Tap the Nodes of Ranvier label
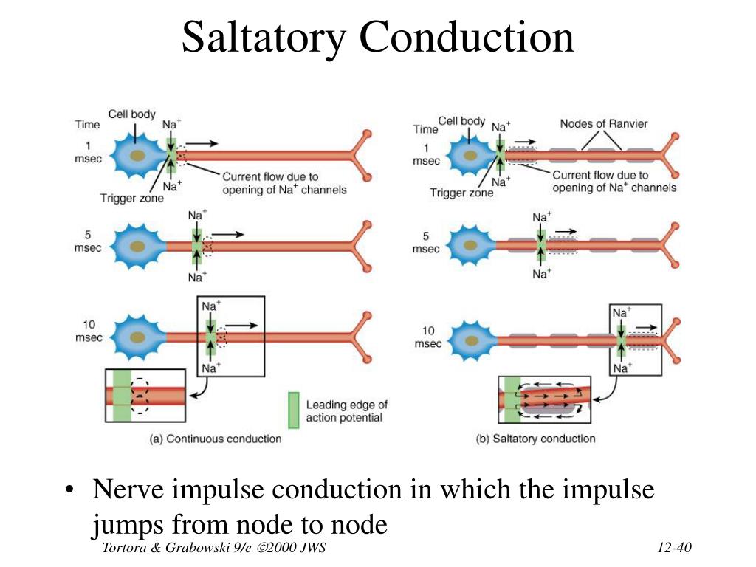[x=603, y=123]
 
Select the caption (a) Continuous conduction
[x=216, y=439]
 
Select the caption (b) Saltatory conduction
[x=536, y=439]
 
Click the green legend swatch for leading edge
[x=293, y=410]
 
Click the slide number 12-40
[x=673, y=547]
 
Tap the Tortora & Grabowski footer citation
[x=214, y=547]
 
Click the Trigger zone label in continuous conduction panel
[x=132, y=198]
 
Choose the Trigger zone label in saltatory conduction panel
[x=461, y=193]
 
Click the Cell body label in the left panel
[x=132, y=114]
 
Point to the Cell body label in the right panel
[x=461, y=121]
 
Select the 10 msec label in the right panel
[x=428, y=337]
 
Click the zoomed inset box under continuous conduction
[x=145, y=395]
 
